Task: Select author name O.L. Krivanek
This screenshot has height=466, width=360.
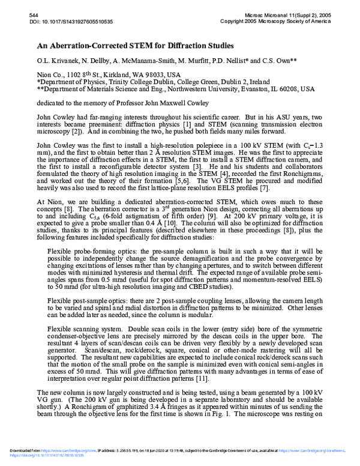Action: [x=56, y=62]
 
